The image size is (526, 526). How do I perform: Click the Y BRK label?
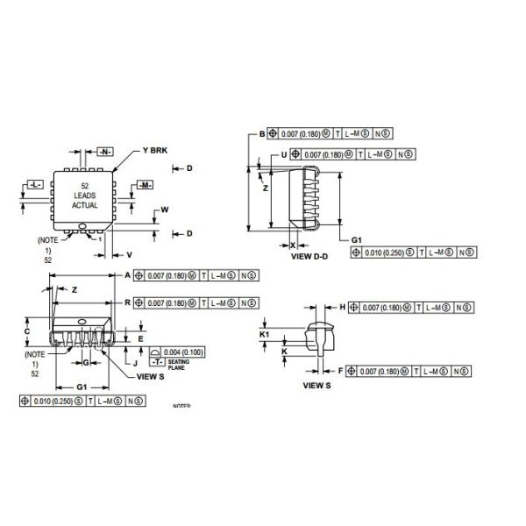[x=153, y=150]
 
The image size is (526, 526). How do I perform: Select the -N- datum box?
[x=105, y=152]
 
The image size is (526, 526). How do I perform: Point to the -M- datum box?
[x=146, y=185]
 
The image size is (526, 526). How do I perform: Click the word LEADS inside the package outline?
[x=85, y=195]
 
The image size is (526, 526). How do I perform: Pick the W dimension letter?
[x=163, y=211]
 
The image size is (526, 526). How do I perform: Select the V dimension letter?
[x=129, y=254]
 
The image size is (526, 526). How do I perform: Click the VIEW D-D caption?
[x=309, y=258]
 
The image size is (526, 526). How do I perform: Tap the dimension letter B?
[x=261, y=133]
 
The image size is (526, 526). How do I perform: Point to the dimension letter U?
[x=284, y=154]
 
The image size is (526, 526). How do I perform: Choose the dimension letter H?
[x=342, y=308]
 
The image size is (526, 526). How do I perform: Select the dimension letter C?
[x=27, y=332]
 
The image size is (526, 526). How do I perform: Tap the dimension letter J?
[x=135, y=361]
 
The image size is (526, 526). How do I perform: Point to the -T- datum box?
[x=155, y=361]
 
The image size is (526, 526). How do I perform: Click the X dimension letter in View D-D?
[x=293, y=246]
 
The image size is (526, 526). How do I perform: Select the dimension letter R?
[x=128, y=302]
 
